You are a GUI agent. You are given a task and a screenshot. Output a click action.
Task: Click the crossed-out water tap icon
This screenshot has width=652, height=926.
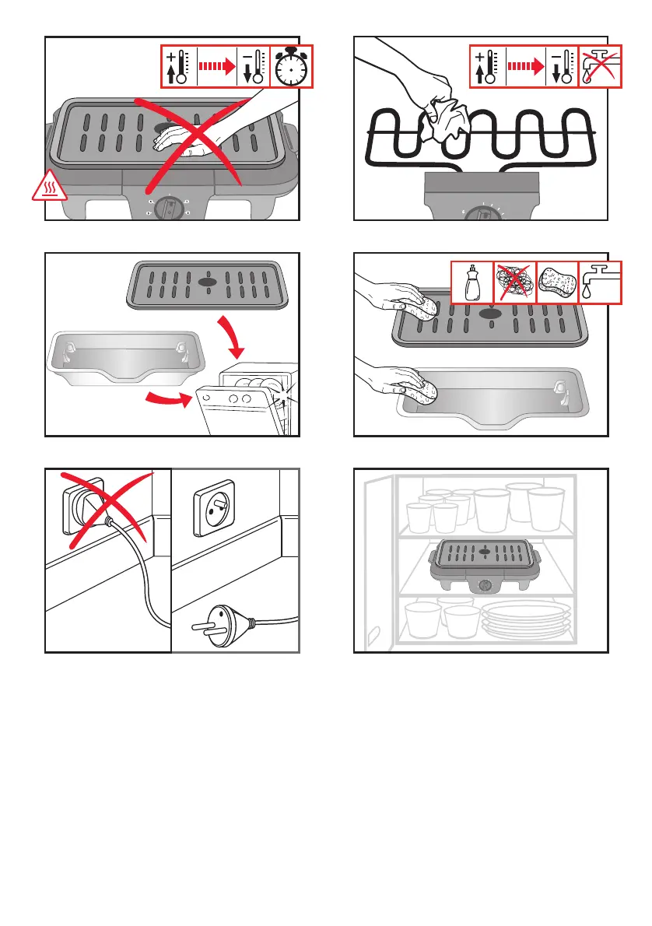pos(600,67)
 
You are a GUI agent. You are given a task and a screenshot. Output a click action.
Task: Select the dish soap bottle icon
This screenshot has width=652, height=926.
pos(472,282)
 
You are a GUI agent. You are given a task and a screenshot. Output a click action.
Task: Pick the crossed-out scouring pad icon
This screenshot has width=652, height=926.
pos(515,282)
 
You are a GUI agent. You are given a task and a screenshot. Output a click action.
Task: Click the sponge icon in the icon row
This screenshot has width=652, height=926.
pos(558,282)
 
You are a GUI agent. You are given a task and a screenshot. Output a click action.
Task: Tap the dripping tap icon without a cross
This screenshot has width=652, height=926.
pos(600,282)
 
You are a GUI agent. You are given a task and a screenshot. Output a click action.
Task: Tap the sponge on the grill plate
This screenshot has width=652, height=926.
pos(427,304)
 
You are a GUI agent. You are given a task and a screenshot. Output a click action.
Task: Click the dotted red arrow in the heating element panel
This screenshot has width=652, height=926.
pos(524,67)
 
